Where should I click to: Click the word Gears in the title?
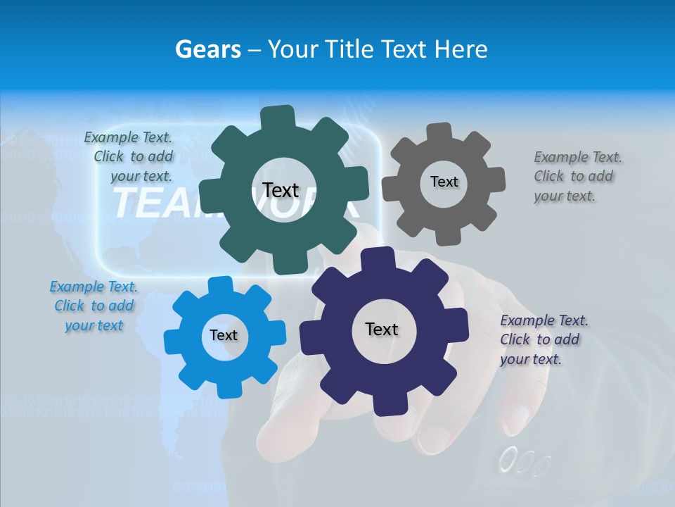[207, 49]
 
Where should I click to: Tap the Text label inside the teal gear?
[281, 190]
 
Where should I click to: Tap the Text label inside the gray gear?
[444, 182]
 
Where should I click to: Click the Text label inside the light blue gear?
[224, 335]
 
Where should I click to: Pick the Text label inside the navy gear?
[382, 329]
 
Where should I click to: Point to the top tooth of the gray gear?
[439, 132]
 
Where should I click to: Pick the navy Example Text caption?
[543, 339]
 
